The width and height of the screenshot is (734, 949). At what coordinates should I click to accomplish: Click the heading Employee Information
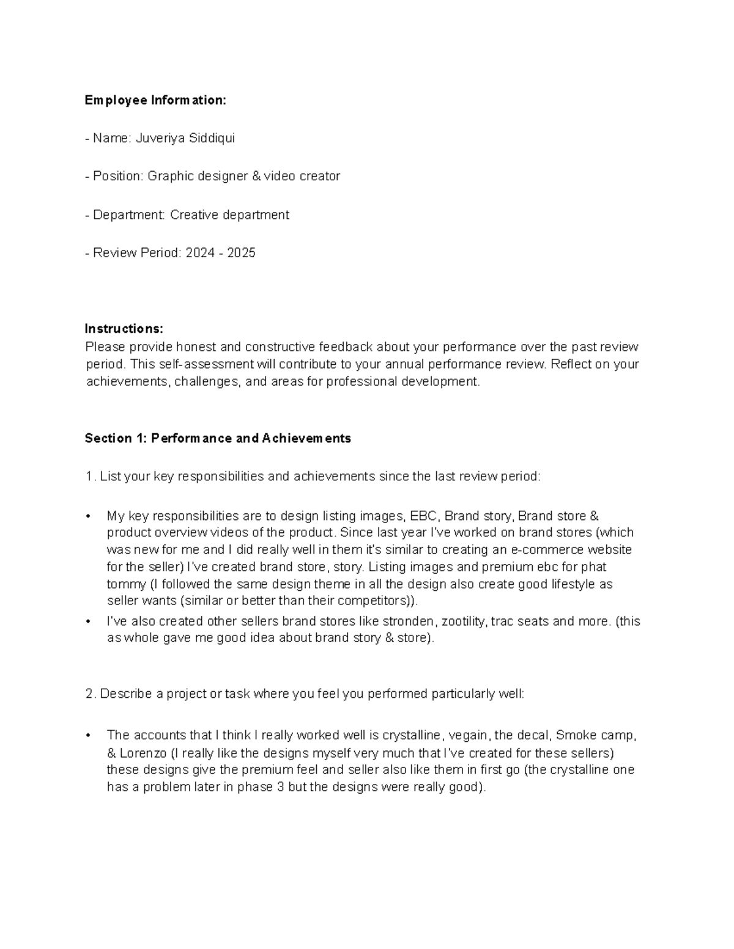pos(155,100)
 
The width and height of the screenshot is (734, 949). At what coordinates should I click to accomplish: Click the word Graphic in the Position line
pos(170,176)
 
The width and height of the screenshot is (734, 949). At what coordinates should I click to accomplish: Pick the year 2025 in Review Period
pos(241,252)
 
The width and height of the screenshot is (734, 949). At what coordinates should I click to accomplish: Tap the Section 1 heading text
pos(218,438)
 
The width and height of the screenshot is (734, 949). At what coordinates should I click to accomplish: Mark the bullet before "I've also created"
pos(89,621)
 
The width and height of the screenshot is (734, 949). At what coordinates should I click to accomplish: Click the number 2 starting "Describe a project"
pos(89,694)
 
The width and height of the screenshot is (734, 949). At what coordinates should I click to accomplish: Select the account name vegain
pos(468,735)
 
